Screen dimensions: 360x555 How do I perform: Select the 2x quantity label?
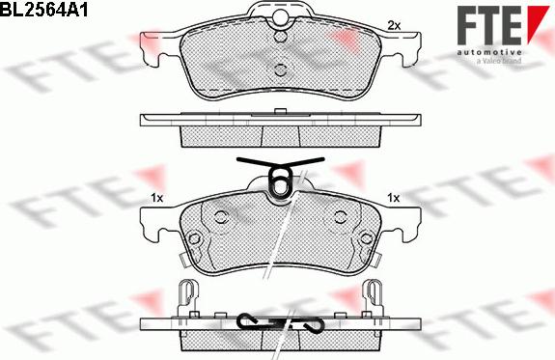[393, 24]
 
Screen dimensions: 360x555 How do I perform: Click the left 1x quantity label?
[156, 198]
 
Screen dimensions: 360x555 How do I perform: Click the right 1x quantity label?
[393, 198]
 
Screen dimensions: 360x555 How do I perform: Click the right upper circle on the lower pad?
[340, 217]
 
